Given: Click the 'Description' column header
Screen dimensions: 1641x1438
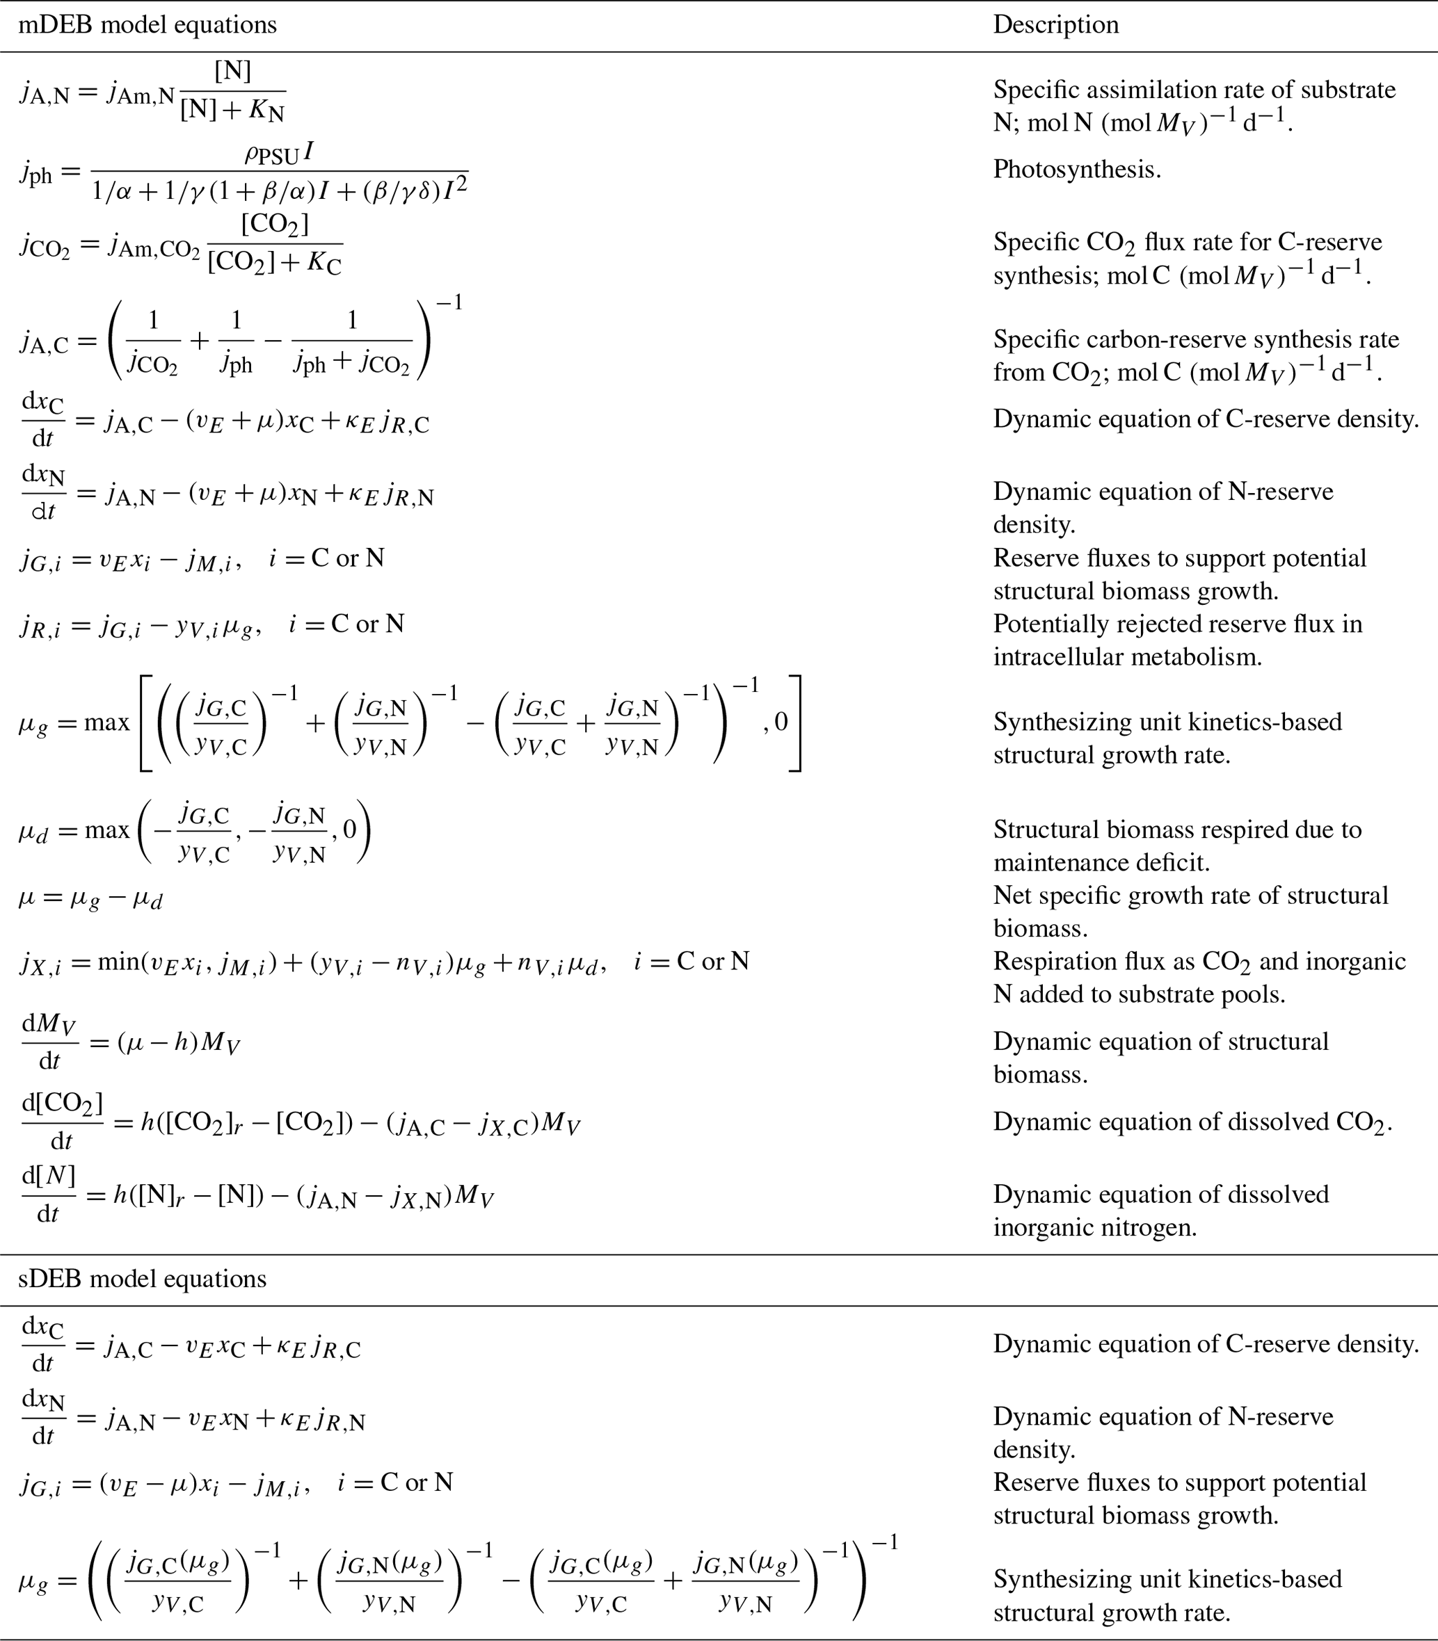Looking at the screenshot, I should click(x=1055, y=25).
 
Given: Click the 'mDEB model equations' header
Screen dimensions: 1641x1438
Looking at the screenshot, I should click(x=147, y=25).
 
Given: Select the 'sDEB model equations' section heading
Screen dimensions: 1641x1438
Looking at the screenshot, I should click(x=142, y=1279).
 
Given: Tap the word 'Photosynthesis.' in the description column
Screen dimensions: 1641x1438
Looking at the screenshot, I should click(x=1077, y=169).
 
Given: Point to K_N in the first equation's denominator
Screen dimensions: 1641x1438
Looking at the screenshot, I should click(x=266, y=111).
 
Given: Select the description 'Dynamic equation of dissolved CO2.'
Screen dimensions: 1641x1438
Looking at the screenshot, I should click(x=1192, y=1122).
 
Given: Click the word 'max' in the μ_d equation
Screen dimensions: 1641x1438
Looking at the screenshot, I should click(x=106, y=830).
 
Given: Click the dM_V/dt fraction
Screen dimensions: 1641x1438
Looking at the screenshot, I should click(x=50, y=1042).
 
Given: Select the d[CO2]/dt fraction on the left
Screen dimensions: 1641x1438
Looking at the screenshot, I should click(x=62, y=1122).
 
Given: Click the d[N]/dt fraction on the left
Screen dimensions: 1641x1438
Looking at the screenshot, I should click(x=48, y=1195).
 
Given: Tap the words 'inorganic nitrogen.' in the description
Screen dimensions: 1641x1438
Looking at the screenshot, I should click(x=1094, y=1228).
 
